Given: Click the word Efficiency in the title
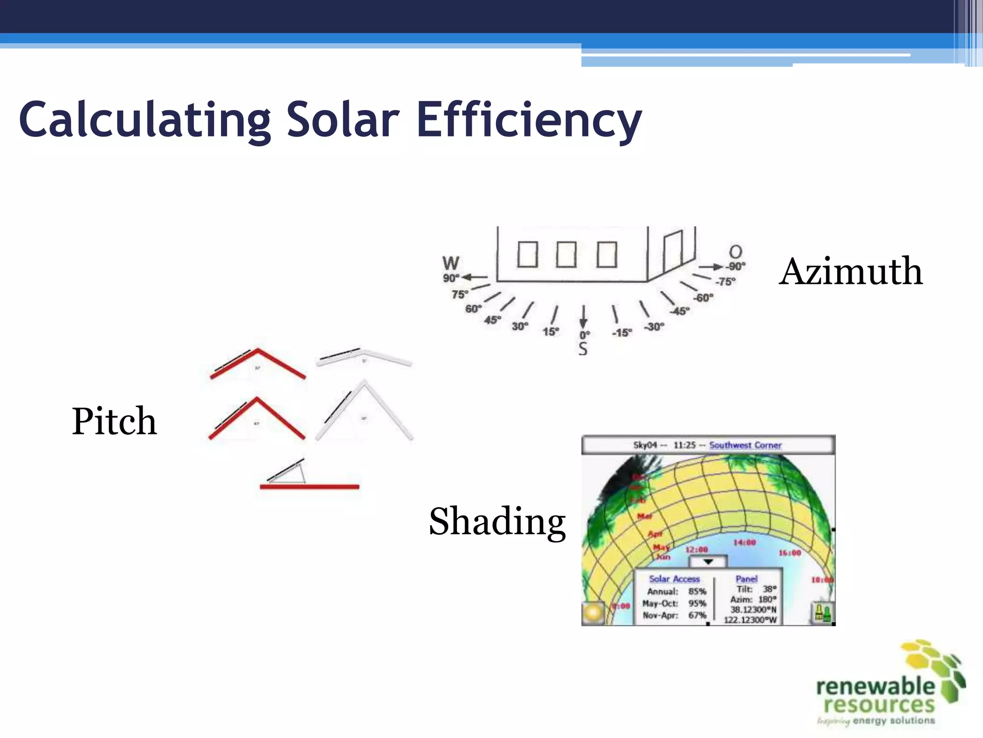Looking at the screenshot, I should click(x=529, y=120).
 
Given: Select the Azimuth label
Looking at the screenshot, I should click(x=851, y=271).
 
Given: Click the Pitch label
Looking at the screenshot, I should click(x=114, y=421).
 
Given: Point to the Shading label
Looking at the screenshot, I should click(x=497, y=522).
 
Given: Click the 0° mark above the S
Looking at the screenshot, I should click(x=584, y=335).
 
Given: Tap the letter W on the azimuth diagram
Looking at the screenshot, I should click(x=451, y=263).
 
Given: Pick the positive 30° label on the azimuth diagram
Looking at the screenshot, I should click(x=520, y=327).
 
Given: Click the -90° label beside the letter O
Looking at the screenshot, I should click(x=735, y=266).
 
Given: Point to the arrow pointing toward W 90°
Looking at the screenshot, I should click(x=474, y=277).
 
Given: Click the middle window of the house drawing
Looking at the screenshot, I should click(x=566, y=254).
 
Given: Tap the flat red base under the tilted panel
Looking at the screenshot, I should click(x=309, y=487).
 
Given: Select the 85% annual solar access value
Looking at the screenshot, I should click(x=697, y=591).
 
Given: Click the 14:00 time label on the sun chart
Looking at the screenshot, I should click(x=744, y=542).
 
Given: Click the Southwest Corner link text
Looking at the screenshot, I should click(x=745, y=445).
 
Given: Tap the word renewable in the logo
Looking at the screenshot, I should click(x=875, y=687).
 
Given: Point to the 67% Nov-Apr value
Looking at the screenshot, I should click(x=697, y=615).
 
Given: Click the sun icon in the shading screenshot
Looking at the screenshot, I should click(x=593, y=613).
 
